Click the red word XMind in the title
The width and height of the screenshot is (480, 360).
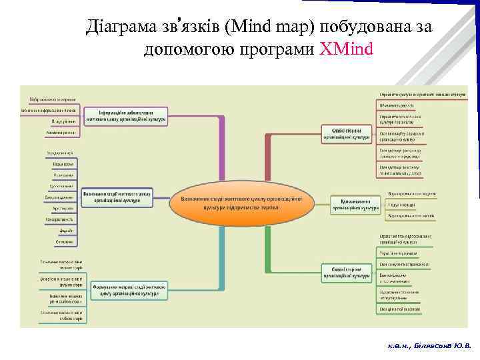(346, 49)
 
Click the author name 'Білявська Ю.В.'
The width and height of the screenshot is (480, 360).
(445, 346)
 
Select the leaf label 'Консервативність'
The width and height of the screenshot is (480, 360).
(60, 219)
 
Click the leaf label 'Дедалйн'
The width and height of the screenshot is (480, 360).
(65, 230)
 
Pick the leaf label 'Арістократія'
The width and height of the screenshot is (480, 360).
(63, 208)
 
